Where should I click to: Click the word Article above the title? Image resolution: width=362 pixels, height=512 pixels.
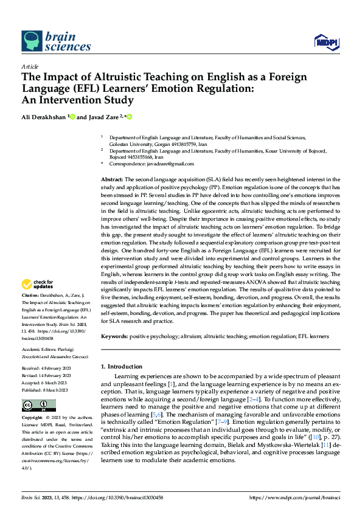(30, 66)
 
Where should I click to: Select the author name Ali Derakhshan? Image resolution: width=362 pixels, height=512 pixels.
(44, 117)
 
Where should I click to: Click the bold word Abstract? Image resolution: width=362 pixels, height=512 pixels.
(111, 180)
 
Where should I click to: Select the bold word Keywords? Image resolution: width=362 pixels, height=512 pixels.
(114, 336)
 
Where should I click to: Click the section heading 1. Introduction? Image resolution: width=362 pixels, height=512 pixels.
(122, 367)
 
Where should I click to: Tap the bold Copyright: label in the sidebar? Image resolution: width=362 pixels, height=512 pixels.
(32, 418)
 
